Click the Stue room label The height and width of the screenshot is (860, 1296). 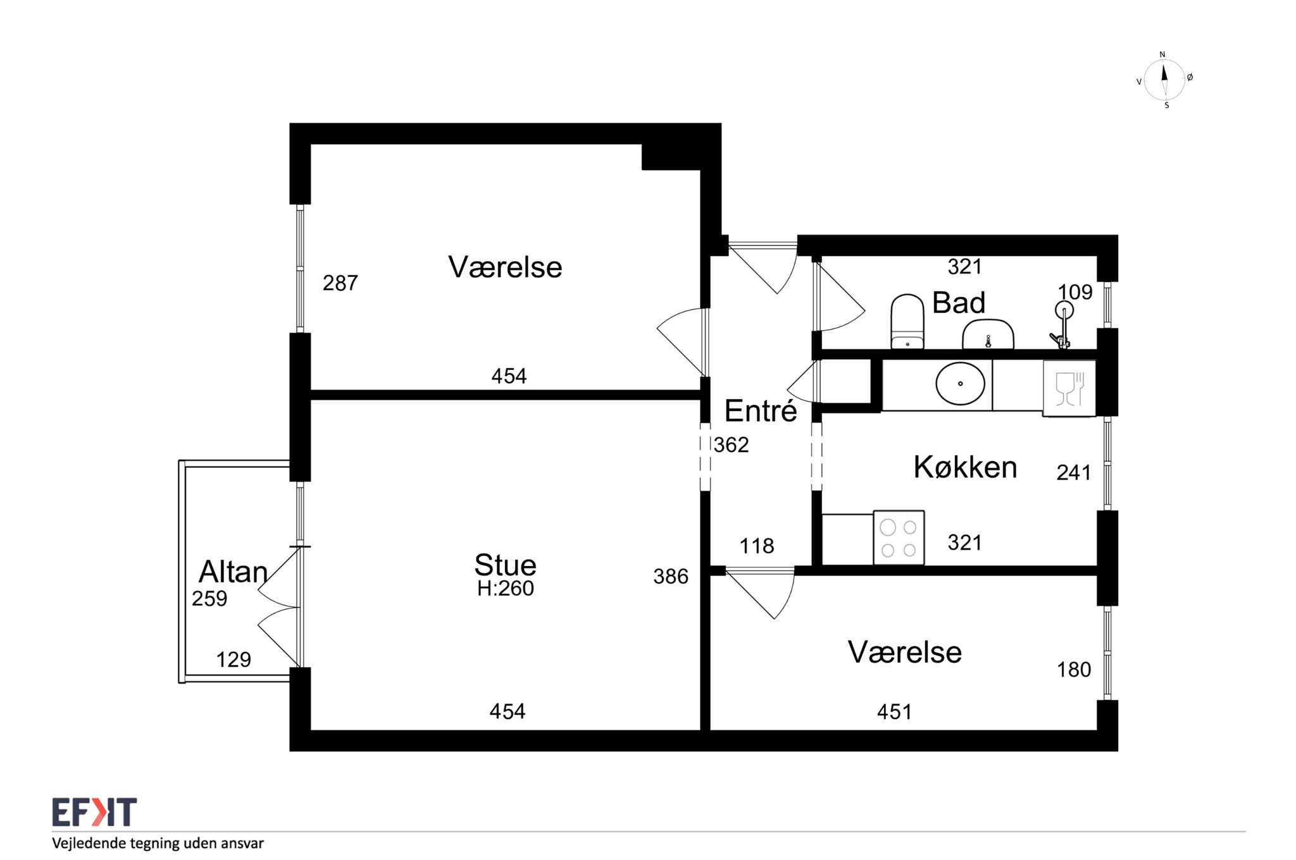click(505, 565)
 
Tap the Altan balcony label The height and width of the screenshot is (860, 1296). click(233, 572)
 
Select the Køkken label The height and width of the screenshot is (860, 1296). click(965, 467)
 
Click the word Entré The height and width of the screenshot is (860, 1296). click(760, 411)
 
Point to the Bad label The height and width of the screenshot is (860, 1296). click(959, 303)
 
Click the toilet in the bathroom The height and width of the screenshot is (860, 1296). click(907, 321)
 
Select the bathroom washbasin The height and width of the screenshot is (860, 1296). click(988, 334)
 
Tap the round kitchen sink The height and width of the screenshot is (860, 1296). click(960, 383)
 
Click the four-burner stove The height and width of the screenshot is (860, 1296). click(899, 537)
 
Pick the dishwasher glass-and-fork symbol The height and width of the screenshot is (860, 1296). click(1069, 388)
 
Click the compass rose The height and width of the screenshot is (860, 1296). click(1164, 80)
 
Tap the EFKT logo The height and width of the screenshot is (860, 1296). click(94, 812)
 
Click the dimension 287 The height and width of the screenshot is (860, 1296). click(340, 283)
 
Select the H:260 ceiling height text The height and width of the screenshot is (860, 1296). click(505, 589)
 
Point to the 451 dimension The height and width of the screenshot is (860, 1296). click(894, 712)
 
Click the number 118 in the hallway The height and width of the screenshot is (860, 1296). click(756, 546)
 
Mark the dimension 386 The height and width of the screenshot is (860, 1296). click(670, 577)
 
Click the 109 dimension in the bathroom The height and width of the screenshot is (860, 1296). click(1075, 292)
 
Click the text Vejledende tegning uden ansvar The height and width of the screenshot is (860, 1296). click(158, 843)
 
